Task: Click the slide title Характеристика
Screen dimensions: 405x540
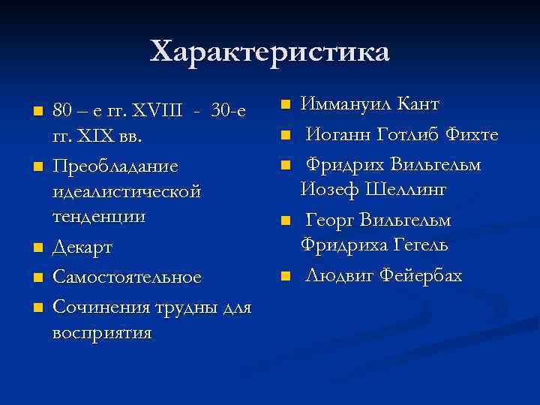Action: pyautogui.click(x=270, y=52)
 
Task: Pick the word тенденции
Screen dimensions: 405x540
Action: pyautogui.click(x=99, y=217)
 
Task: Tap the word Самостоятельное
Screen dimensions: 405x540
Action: pyautogui.click(x=127, y=277)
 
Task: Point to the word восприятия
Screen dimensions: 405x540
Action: pyautogui.click(x=103, y=332)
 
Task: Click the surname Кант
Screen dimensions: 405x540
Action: pyautogui.click(x=418, y=103)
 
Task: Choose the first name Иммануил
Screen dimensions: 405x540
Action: pyautogui.click(x=344, y=103)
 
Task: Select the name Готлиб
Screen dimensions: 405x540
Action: pyautogui.click(x=406, y=134)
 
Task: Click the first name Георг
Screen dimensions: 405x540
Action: pyautogui.click(x=330, y=220)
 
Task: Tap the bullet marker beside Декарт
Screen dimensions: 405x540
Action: pyautogui.click(x=35, y=248)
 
